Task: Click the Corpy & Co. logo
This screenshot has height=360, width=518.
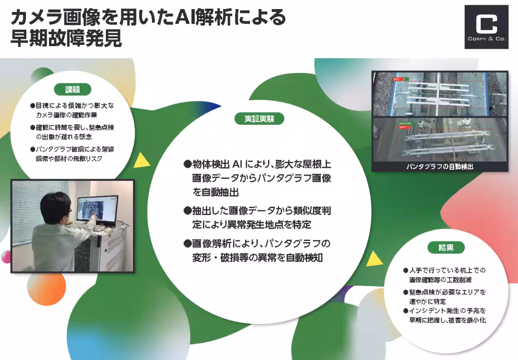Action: coord(486,27)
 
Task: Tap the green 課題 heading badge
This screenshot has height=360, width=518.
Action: coord(72,89)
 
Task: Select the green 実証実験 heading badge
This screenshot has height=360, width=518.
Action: coord(259,119)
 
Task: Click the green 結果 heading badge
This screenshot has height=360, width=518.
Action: coord(446,247)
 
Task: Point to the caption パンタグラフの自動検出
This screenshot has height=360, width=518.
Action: coord(439,166)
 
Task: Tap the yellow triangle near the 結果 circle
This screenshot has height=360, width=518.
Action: coord(374,259)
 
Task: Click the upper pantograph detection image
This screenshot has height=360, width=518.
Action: coord(439,94)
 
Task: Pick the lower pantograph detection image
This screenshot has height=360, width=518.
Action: coord(439,139)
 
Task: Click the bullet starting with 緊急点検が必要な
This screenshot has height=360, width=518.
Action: coord(444,297)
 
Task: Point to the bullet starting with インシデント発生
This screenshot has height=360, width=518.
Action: coord(444,315)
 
